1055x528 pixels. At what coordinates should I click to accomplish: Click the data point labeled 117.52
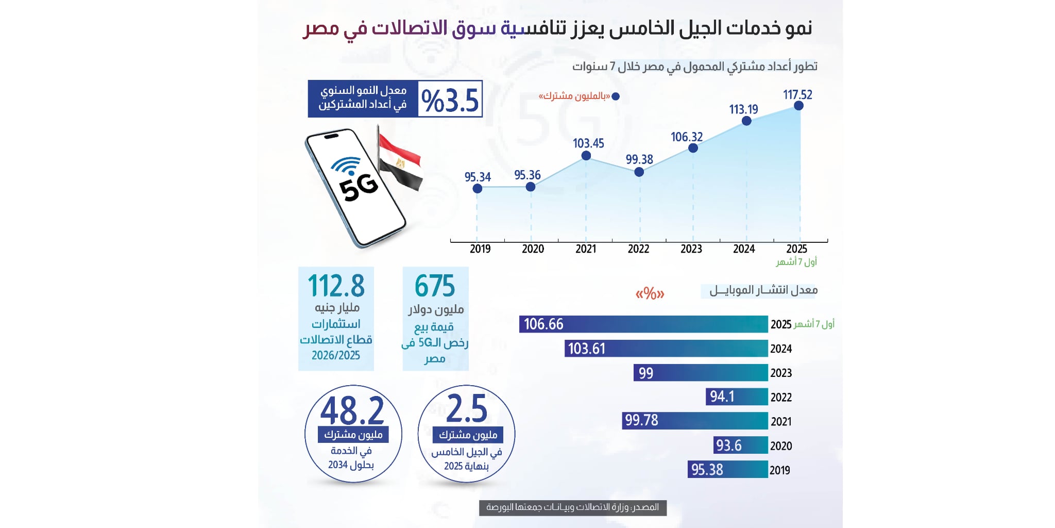[798, 106]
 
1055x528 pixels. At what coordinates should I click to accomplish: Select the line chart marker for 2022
[639, 172]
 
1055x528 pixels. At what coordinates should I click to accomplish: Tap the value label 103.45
[588, 143]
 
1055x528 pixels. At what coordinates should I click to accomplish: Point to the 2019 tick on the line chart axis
[480, 249]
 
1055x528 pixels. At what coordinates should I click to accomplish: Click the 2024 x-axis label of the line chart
[744, 249]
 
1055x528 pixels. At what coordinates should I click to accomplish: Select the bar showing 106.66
[643, 324]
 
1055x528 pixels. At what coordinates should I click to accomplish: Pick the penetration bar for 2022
[736, 397]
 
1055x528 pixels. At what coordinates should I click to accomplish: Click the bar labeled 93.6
[741, 445]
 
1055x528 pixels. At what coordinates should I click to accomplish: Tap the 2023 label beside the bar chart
[781, 373]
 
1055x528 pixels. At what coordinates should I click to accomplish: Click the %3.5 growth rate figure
[450, 100]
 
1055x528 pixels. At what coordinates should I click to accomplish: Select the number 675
[435, 286]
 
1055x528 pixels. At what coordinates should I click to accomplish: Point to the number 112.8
[336, 286]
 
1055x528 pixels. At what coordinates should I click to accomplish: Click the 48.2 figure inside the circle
[352, 411]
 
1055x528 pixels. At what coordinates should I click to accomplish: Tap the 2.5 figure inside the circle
[466, 409]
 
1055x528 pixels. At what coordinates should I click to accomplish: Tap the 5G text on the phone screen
[359, 188]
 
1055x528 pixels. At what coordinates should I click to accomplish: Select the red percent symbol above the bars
[650, 294]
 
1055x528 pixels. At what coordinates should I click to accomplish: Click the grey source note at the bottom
[572, 507]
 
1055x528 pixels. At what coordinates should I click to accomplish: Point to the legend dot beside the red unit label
[615, 96]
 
